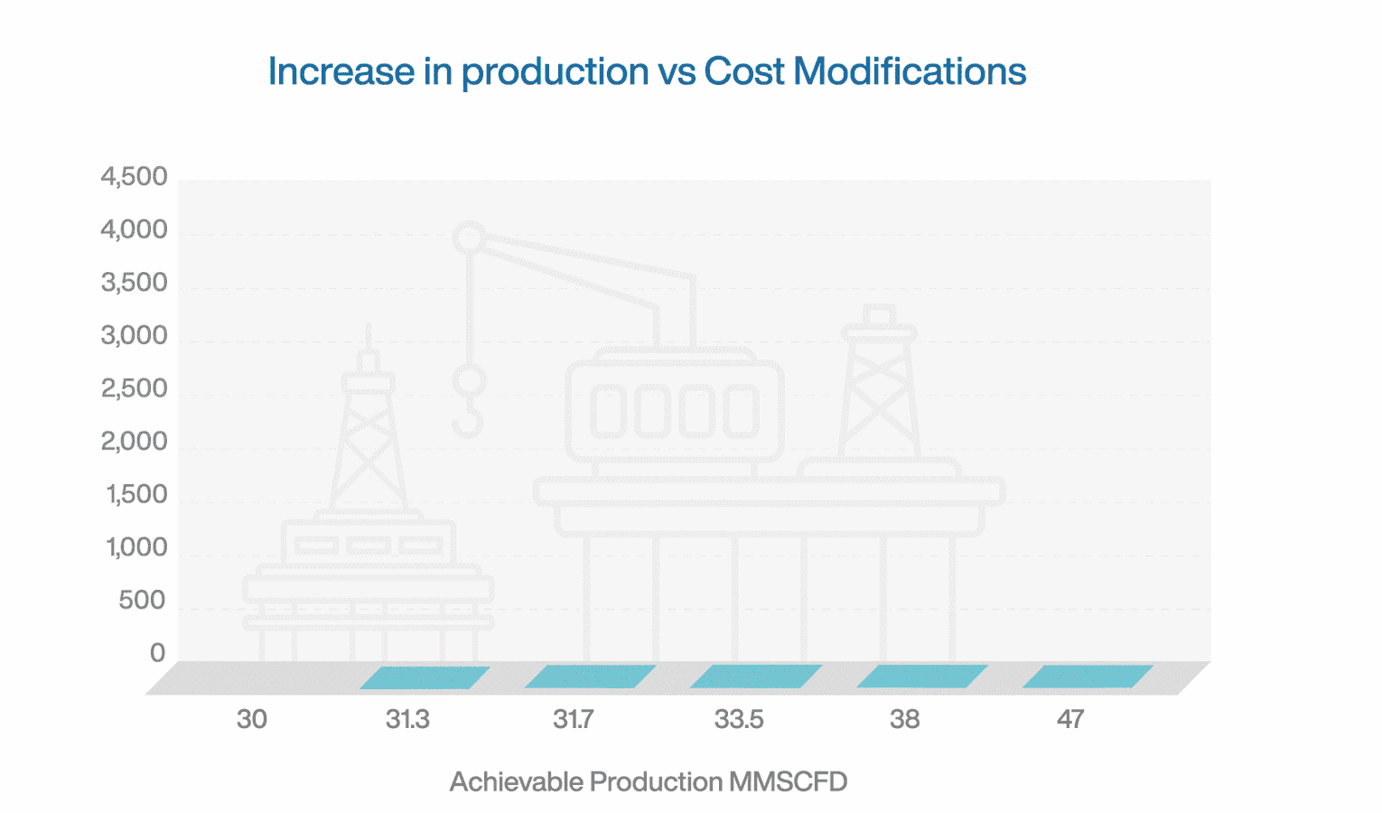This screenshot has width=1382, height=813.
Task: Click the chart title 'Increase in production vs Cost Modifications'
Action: (x=648, y=71)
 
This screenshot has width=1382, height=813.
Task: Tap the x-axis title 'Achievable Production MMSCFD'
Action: (x=649, y=781)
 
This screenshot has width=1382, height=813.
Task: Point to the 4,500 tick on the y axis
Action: (x=134, y=176)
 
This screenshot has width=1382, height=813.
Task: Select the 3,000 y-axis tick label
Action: (x=134, y=335)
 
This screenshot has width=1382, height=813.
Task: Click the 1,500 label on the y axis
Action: (x=136, y=494)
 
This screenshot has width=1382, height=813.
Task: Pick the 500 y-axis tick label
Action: (x=142, y=600)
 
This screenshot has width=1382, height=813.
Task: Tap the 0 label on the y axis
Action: (x=158, y=652)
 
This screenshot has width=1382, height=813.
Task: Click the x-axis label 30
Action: (x=252, y=719)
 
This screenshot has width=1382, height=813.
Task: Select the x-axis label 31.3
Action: (x=407, y=719)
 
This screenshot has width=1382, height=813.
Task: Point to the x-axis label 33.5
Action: (x=739, y=719)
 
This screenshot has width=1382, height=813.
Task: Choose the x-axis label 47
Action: (x=1069, y=719)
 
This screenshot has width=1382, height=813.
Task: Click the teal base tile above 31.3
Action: (x=425, y=677)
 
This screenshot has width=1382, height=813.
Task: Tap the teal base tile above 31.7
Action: (x=591, y=677)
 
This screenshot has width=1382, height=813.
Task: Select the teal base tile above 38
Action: (x=922, y=676)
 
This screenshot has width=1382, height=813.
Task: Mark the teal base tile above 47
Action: (x=1088, y=676)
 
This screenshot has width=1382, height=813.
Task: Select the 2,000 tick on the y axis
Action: (x=134, y=442)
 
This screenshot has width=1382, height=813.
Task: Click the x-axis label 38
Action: (x=904, y=719)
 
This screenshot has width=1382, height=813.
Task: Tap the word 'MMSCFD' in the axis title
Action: (x=788, y=781)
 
